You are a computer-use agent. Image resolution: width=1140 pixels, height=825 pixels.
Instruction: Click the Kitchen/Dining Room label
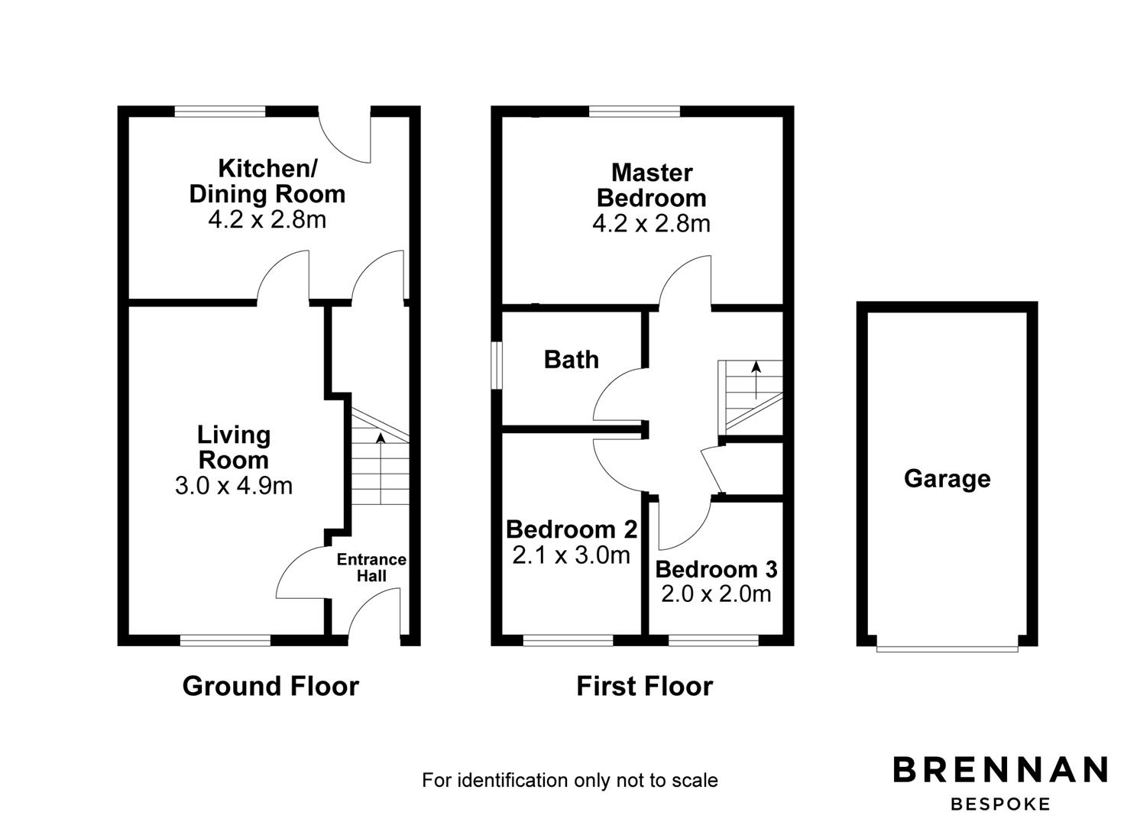coord(267,181)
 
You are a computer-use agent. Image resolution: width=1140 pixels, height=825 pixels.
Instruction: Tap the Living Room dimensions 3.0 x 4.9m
coord(234,486)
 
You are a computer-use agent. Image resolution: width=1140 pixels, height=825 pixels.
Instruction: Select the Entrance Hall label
coord(371,568)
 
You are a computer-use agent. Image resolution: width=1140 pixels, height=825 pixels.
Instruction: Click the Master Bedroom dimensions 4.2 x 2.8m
coord(651,223)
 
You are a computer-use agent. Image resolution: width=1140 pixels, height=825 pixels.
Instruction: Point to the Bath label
coord(571,360)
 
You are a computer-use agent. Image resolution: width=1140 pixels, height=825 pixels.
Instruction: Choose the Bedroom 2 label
coord(571,529)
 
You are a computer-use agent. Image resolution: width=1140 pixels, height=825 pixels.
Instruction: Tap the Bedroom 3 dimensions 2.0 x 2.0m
coord(716,594)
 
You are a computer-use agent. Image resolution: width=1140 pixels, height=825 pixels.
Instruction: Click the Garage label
coord(947,479)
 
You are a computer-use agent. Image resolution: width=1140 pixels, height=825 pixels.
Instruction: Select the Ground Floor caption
coord(270,686)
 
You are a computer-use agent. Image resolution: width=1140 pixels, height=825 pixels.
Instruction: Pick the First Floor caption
coord(644,686)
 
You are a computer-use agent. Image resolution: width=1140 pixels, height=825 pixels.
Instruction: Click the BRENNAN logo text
coord(1000,769)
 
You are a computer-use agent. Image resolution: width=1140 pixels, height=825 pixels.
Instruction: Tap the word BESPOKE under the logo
coord(1000,804)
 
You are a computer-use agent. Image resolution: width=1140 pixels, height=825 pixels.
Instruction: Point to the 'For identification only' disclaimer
coord(570,780)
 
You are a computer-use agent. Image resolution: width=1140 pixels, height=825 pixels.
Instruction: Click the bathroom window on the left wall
coord(497,365)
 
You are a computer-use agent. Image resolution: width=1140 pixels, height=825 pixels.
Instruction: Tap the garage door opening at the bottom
coord(947,648)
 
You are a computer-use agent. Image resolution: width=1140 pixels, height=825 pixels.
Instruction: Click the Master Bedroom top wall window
coord(634,112)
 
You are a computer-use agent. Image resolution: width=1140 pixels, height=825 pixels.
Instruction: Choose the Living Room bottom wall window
coord(225,640)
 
